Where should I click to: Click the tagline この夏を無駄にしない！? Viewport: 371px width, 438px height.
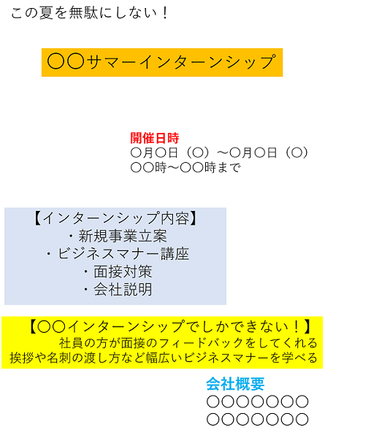tap(89, 13)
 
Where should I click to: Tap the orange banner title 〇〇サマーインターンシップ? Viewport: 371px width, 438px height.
tap(161, 62)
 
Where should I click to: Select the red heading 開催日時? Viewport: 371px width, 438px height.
tap(155, 138)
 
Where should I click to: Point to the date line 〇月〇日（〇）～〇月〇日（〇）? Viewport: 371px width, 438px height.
tap(219, 153)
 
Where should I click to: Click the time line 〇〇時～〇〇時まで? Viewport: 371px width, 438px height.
tap(185, 168)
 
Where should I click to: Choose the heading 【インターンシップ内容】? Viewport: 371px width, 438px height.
tap(115, 218)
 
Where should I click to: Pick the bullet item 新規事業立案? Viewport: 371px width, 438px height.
tap(118, 236)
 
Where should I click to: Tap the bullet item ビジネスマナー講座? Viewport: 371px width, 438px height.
tap(118, 254)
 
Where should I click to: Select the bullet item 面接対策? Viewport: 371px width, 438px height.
tap(118, 272)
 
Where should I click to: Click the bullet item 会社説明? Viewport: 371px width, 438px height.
tap(118, 290)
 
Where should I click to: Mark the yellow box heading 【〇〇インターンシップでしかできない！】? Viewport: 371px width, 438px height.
tap(170, 327)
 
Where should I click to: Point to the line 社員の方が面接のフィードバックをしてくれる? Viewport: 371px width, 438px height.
tap(188, 343)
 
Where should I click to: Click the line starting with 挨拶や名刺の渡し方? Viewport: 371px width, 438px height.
tap(164, 358)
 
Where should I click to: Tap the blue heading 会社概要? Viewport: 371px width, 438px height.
tap(235, 384)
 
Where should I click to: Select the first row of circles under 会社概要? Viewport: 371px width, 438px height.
tap(257, 401)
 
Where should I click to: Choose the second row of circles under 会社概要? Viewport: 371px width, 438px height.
tap(257, 419)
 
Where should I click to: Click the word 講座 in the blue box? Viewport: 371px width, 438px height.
tap(175, 254)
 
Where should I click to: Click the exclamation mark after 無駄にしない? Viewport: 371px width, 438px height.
tap(165, 13)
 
